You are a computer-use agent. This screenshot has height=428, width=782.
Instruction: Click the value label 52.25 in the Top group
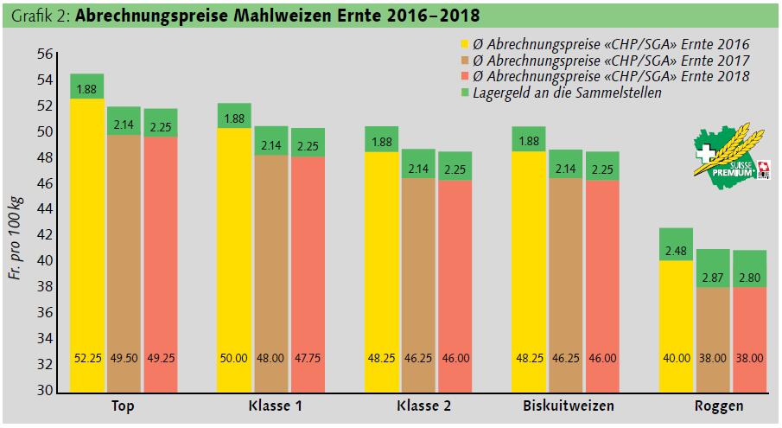tap(86, 358)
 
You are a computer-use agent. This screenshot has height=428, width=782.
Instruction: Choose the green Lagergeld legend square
tap(464, 93)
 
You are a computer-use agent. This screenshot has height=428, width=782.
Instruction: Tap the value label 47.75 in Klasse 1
tap(308, 358)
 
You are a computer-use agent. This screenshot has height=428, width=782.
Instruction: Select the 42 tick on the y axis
tap(43, 235)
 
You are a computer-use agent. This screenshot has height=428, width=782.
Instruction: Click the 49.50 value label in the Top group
tap(124, 358)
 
